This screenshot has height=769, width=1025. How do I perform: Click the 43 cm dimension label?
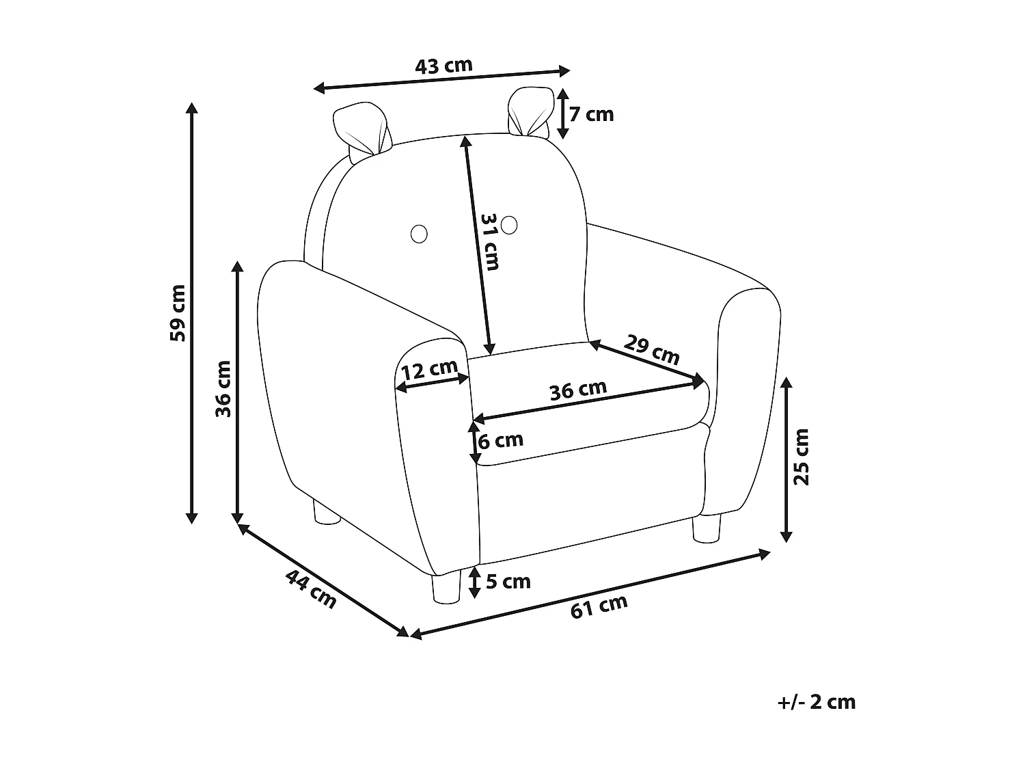pos(443,66)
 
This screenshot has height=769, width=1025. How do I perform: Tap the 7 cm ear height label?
pos(591,114)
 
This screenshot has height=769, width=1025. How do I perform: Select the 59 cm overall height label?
pos(178,313)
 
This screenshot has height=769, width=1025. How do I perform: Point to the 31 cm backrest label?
pos(490,242)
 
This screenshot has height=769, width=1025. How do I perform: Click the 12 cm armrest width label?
pos(430,370)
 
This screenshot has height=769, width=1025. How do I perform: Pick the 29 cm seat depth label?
pos(651,349)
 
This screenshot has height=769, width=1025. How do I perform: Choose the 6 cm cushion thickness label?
pos(501,440)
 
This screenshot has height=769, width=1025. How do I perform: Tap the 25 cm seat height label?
pos(802,457)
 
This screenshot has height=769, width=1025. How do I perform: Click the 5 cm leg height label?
pos(508,582)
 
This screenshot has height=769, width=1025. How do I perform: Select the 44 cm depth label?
pos(311,589)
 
